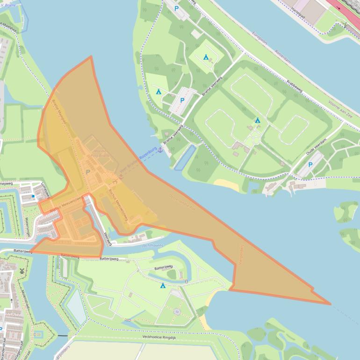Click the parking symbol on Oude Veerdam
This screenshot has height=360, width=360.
pyautogui.click(x=310, y=165)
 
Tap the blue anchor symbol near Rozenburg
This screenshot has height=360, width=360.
pyautogui.click(x=160, y=150)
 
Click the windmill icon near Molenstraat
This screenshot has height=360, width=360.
pyautogui.click(x=21, y=271)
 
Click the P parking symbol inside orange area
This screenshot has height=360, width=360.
pyautogui.click(x=87, y=172)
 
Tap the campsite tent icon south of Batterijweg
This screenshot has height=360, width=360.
pyautogui.click(x=163, y=285)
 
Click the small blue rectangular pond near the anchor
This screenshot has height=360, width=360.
pyautogui.click(x=184, y=157)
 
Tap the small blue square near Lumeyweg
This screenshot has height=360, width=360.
pyautogui.click(x=33, y=196)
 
